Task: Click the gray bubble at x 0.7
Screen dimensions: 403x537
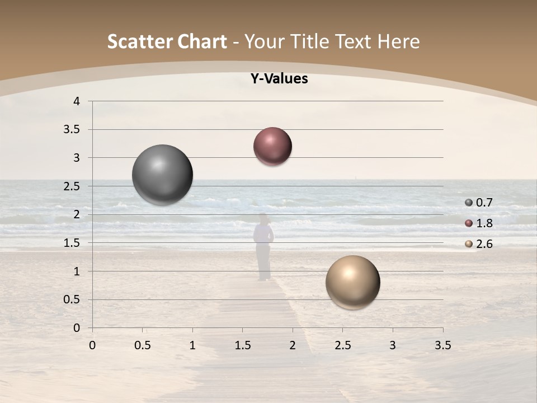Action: click(163, 175)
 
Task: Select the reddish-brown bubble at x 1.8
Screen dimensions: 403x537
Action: click(272, 147)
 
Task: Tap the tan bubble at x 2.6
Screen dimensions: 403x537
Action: click(352, 282)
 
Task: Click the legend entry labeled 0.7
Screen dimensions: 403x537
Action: click(479, 203)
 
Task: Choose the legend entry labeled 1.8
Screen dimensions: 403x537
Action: click(479, 223)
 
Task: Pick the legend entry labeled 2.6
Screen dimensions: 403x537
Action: click(479, 244)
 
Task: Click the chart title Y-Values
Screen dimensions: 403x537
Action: click(279, 79)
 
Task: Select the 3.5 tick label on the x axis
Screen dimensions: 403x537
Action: click(442, 345)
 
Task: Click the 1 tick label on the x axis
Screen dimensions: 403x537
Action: click(192, 345)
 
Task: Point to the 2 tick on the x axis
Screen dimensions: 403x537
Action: click(293, 345)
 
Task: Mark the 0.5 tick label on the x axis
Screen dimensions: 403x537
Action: click(142, 345)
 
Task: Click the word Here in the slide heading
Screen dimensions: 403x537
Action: click(398, 41)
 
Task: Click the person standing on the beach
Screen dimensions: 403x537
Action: click(263, 246)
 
